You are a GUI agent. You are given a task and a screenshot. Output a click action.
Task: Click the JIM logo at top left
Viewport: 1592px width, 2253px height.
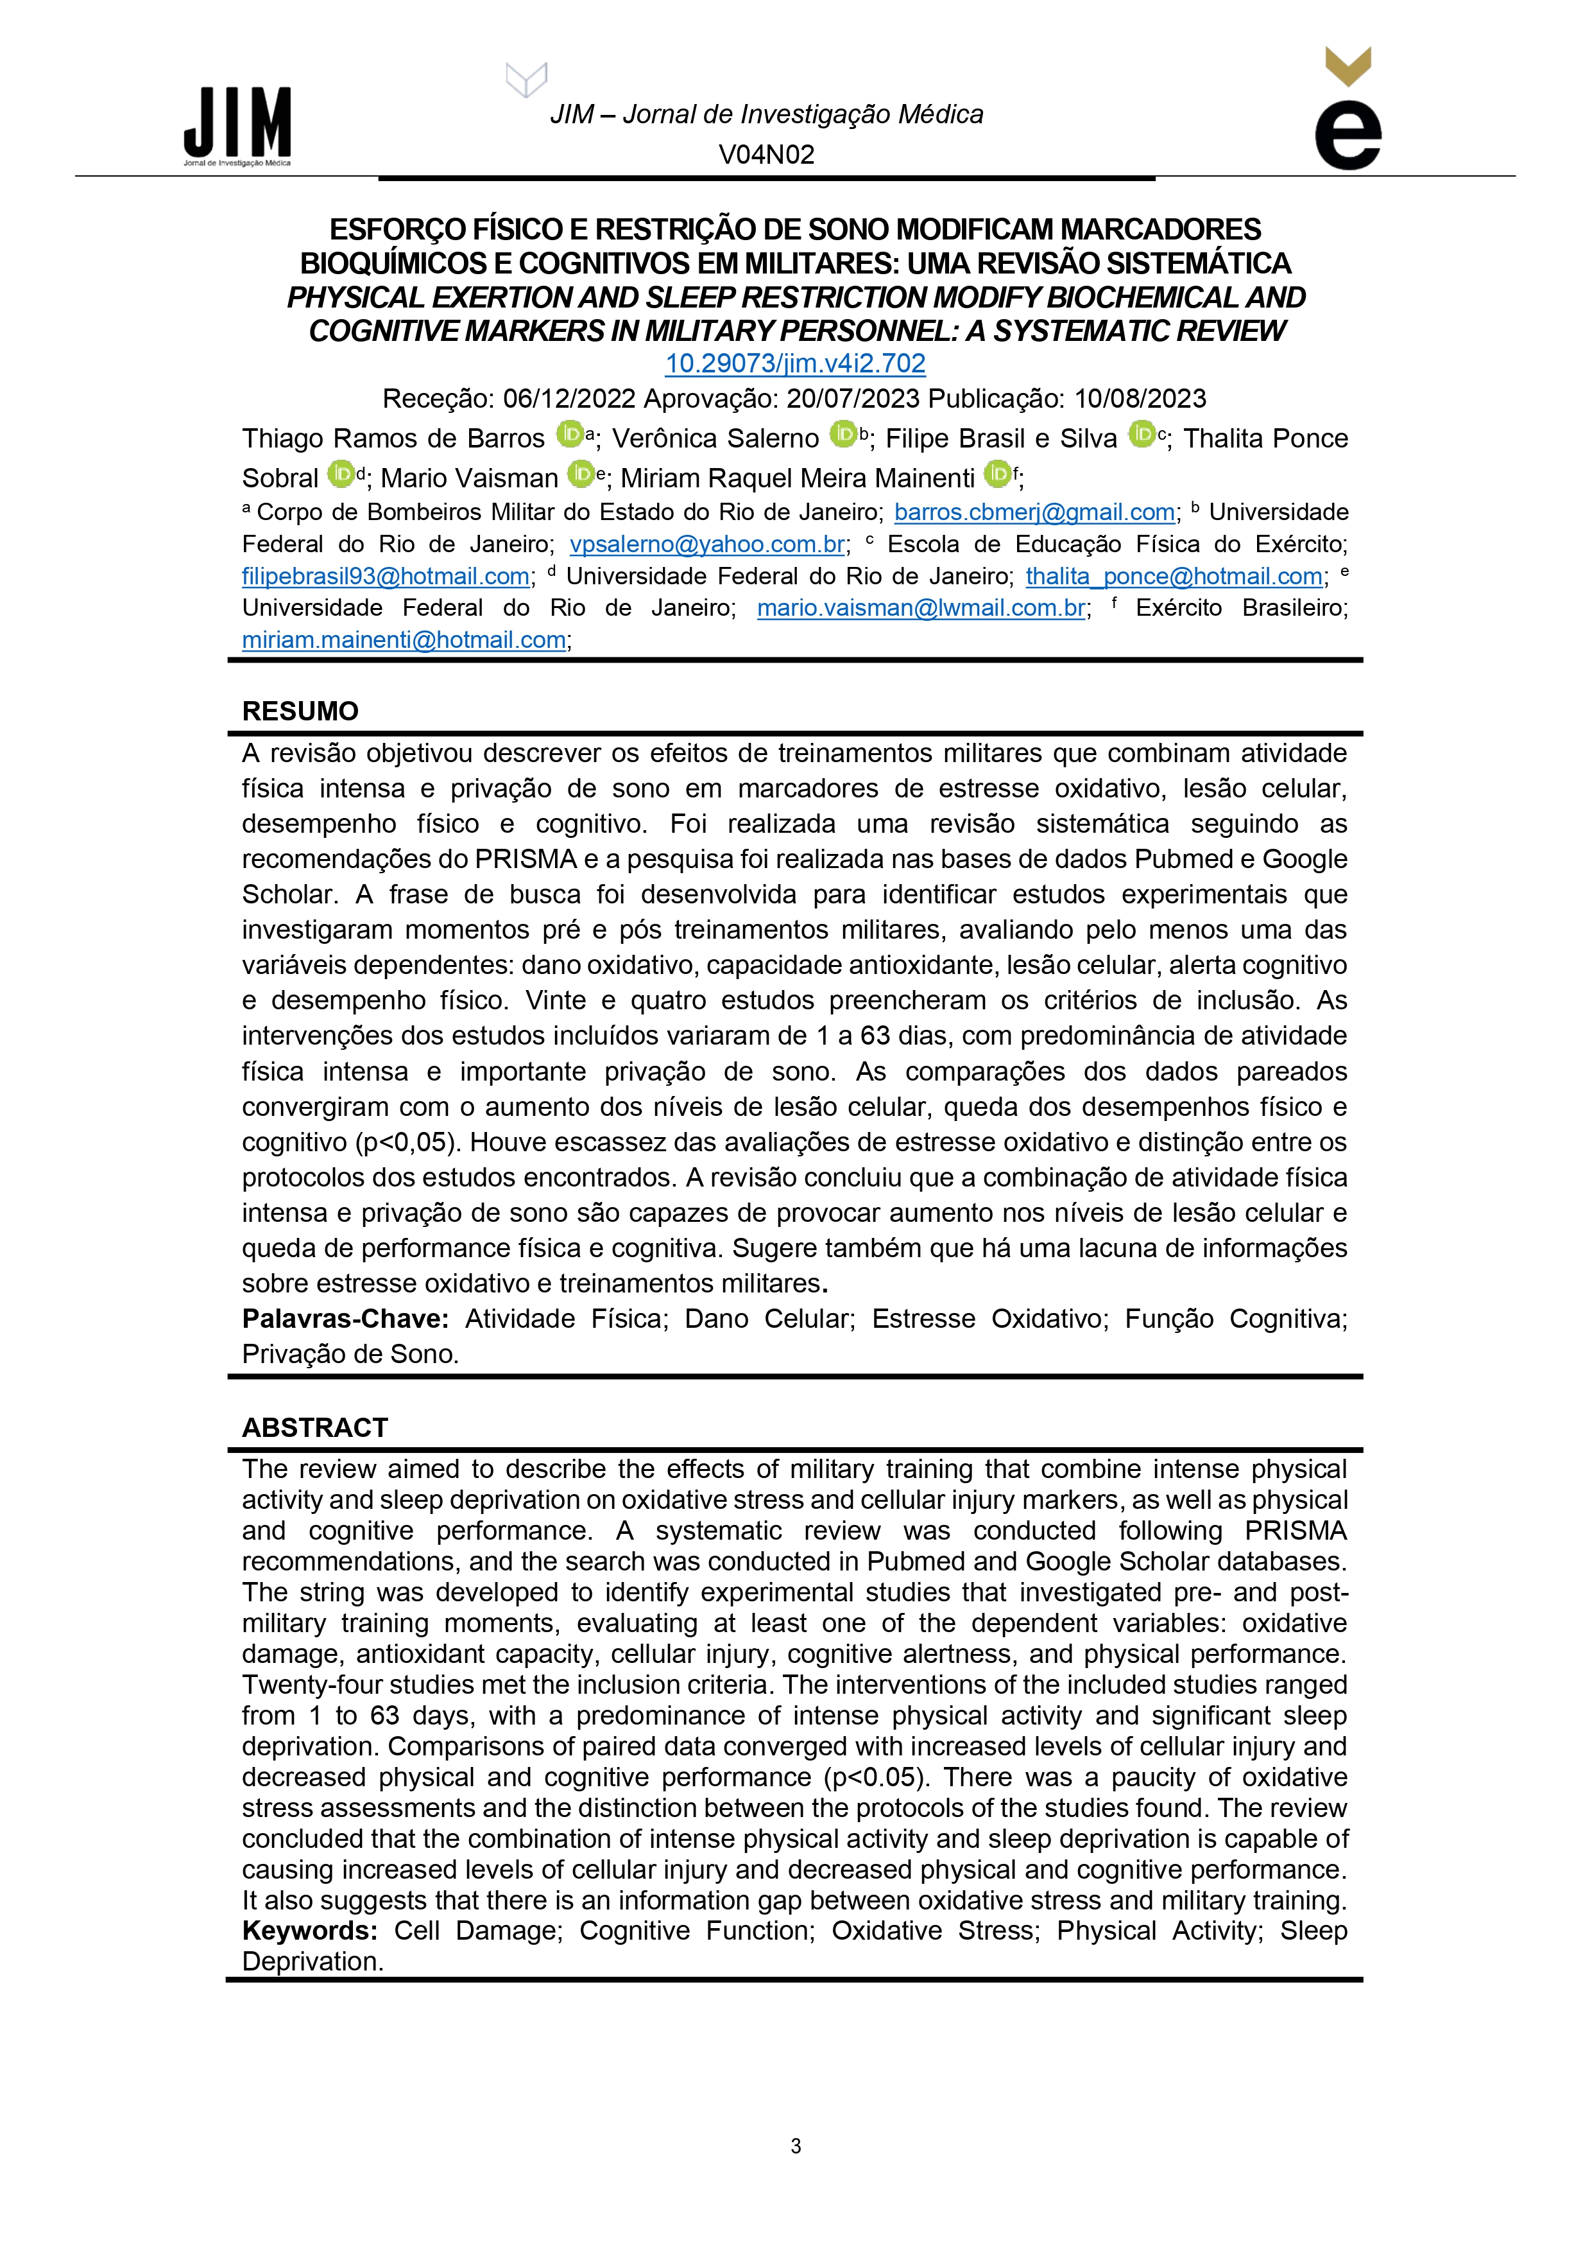237,126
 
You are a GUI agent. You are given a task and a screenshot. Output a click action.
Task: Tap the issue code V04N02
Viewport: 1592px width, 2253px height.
766,154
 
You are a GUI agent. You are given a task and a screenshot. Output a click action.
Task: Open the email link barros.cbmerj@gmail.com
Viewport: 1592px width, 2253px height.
1034,512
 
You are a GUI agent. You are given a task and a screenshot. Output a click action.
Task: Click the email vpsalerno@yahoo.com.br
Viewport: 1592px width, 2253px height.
707,544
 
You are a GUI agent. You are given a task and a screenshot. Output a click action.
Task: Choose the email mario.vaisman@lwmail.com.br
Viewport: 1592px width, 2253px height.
921,609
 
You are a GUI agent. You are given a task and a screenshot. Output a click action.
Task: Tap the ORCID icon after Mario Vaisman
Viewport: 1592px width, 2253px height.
581,474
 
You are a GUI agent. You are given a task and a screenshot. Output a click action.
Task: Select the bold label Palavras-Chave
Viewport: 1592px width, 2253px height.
345,1319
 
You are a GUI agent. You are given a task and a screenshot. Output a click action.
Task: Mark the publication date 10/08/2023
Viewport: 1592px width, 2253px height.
1140,398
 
